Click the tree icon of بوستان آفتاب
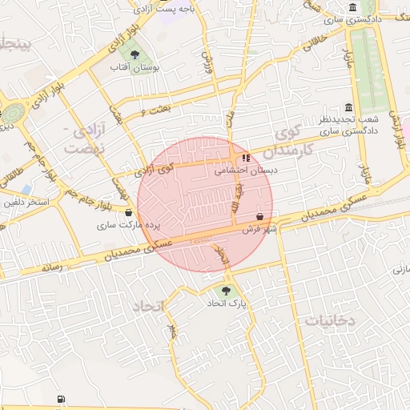point(134,54)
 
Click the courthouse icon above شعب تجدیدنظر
point(348,107)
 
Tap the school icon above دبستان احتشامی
point(245,159)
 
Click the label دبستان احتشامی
point(246,171)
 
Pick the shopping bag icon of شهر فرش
point(261,216)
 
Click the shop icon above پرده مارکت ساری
point(129,213)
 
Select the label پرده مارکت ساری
point(119,226)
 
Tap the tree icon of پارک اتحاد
point(227,291)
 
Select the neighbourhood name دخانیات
point(328,320)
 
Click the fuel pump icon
point(61,400)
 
